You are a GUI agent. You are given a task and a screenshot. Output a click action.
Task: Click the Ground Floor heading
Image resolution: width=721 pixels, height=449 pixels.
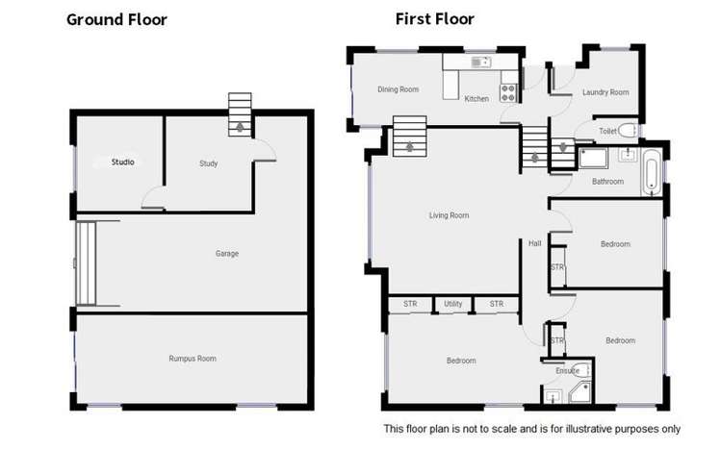click(116, 19)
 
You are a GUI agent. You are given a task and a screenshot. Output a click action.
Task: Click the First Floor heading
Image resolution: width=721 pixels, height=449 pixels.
click(434, 19)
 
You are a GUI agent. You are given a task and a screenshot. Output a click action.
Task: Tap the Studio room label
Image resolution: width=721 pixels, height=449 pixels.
click(122, 162)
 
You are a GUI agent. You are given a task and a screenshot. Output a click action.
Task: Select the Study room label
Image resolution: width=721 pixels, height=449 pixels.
click(208, 163)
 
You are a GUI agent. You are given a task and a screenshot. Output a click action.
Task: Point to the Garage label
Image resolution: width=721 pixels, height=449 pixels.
click(227, 254)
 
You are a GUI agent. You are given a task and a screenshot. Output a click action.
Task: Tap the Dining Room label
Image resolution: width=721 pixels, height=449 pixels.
click(398, 89)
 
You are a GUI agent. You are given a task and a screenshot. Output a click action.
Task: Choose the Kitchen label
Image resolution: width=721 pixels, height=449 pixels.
click(476, 99)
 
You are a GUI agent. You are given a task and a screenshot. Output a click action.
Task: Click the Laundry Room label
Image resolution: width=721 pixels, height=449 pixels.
click(605, 92)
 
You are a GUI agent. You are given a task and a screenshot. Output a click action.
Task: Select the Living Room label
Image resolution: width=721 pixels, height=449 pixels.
click(449, 215)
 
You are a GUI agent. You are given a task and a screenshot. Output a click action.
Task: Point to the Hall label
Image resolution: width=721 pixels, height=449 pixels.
click(535, 243)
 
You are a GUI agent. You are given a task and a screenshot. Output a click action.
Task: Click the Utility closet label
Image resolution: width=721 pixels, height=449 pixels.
click(453, 304)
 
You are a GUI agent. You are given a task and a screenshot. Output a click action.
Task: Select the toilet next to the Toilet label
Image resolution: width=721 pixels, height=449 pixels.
click(629, 131)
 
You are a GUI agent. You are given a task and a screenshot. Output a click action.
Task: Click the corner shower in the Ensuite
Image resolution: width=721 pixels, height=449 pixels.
click(579, 392)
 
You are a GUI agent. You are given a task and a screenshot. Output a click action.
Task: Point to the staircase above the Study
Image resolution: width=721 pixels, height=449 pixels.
click(239, 116)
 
